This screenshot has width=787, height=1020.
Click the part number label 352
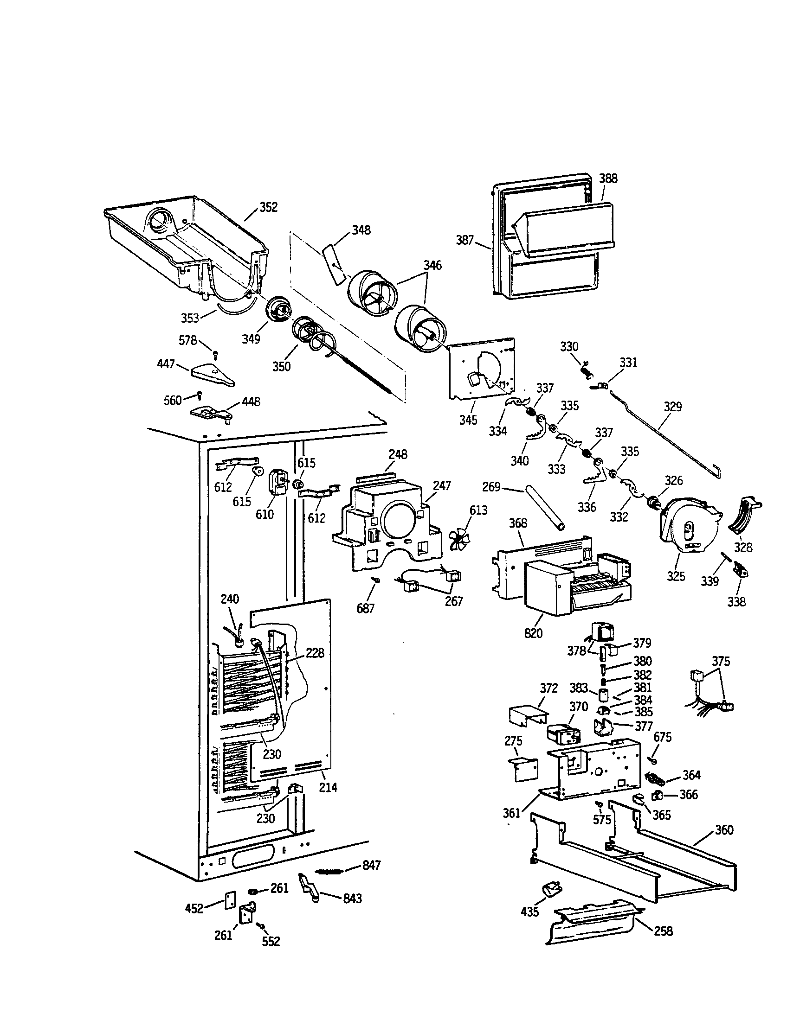click(268, 207)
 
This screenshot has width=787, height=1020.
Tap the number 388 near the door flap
click(608, 178)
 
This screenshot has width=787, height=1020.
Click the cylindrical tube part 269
click(545, 507)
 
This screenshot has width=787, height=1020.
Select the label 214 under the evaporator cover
click(328, 787)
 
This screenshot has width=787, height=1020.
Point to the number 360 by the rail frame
click(723, 830)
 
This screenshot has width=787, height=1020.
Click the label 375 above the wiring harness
click(721, 661)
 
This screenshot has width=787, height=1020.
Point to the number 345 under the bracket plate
click(468, 420)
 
